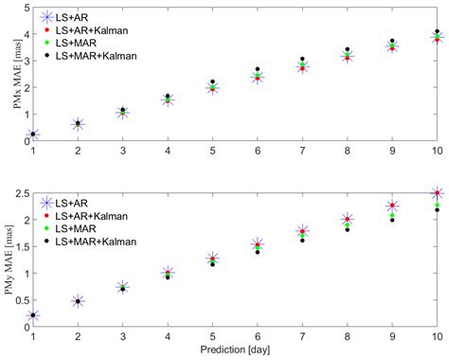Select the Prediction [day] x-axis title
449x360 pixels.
(235, 351)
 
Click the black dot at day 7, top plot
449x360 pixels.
(302, 59)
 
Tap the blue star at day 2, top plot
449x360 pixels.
(78, 124)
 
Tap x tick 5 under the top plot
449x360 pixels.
(212, 151)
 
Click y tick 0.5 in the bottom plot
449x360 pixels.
(22, 300)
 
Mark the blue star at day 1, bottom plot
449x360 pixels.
(33, 315)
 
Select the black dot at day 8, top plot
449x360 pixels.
(347, 49)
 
